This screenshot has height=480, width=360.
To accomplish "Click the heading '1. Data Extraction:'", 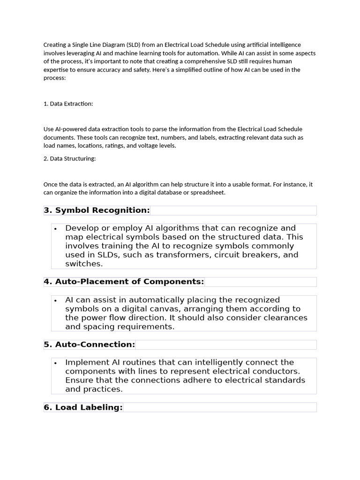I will pyautogui.click(x=68, y=104).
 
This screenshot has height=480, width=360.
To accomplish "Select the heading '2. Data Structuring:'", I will pyautogui.click(x=69, y=158).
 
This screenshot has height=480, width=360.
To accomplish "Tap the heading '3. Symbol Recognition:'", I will pyautogui.click(x=97, y=210).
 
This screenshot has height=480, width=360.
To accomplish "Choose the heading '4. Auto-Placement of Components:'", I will pyautogui.click(x=124, y=282).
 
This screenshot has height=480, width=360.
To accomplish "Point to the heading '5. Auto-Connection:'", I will pyautogui.click(x=89, y=345).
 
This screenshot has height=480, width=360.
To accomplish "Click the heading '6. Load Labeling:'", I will pyautogui.click(x=83, y=407).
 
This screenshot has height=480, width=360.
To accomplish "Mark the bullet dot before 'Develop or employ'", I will pyautogui.click(x=56, y=229).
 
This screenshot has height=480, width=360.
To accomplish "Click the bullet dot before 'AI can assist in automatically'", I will pyautogui.click(x=56, y=300).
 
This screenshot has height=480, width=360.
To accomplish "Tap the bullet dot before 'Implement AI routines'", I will pyautogui.click(x=56, y=363).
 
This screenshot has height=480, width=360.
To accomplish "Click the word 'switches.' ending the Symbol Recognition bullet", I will pyautogui.click(x=84, y=264).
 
